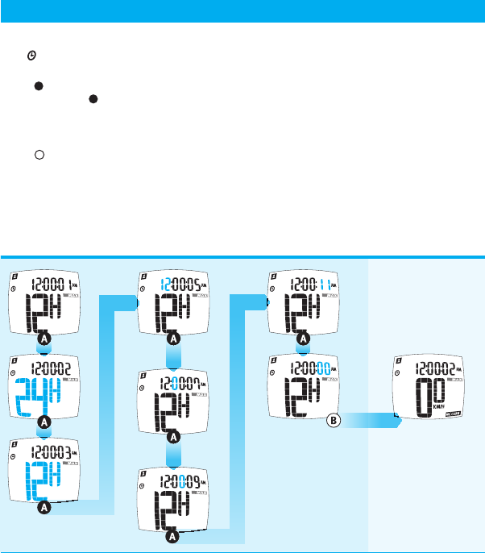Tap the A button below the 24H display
[x=44, y=421]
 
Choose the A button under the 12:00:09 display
[x=170, y=535]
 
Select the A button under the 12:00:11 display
[x=302, y=340]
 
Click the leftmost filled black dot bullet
[x=37, y=85]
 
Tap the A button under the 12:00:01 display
[x=44, y=340]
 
